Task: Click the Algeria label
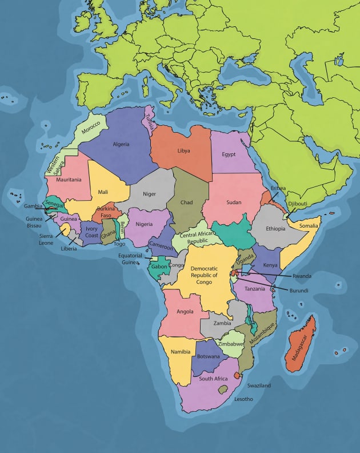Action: [x=121, y=144]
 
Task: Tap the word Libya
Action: [x=183, y=151]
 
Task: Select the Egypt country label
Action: [x=229, y=154]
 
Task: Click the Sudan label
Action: [x=234, y=202]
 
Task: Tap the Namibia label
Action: [x=181, y=352]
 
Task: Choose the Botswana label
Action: [x=209, y=356]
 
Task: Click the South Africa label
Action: [x=213, y=379]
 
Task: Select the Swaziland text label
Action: [x=259, y=386]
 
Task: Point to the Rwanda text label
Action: [x=302, y=276]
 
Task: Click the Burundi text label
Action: [x=298, y=291]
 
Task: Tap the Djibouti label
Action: [x=297, y=204]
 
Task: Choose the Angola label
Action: [x=185, y=312]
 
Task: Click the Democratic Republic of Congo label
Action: [x=204, y=275]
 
